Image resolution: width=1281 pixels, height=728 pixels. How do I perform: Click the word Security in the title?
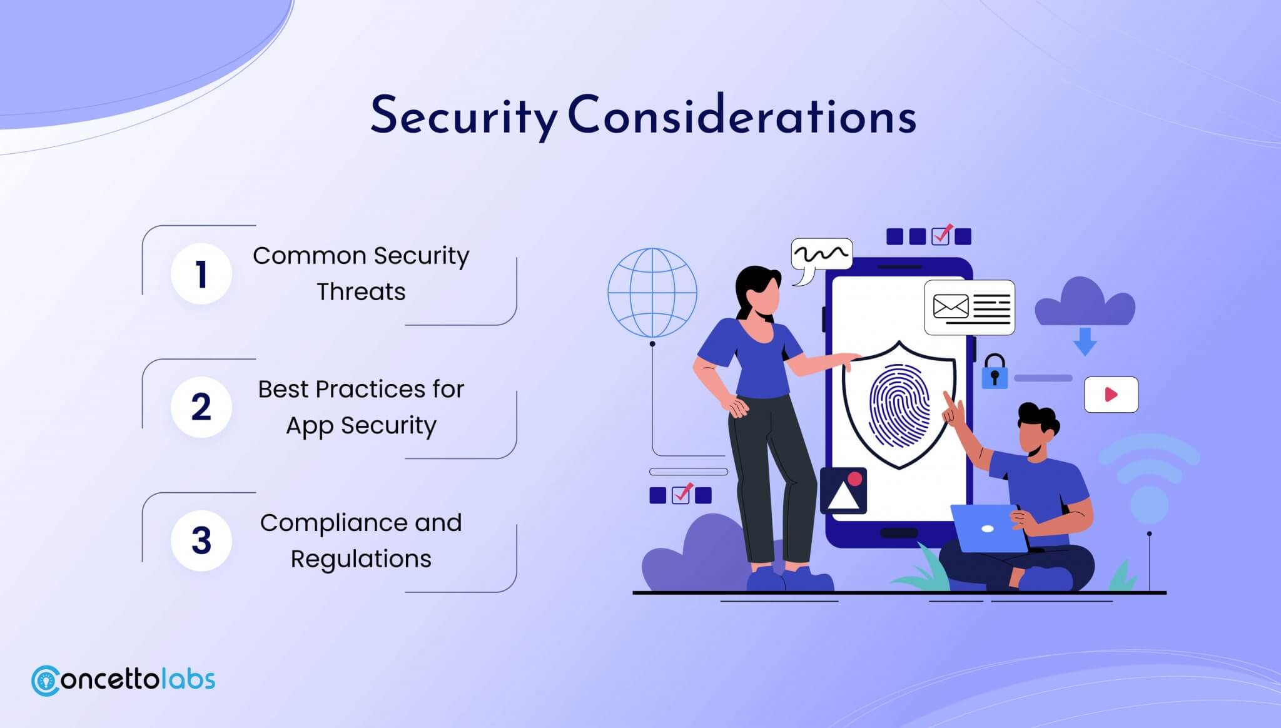pyautogui.click(x=463, y=116)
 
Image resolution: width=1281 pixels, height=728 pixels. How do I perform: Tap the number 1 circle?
pyautogui.click(x=201, y=274)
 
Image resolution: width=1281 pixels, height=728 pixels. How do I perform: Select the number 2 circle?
pyautogui.click(x=201, y=407)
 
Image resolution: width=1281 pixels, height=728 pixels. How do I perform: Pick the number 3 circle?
pyautogui.click(x=201, y=540)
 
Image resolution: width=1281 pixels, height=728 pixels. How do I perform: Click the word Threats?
pyautogui.click(x=361, y=292)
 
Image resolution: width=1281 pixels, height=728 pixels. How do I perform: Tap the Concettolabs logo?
pyautogui.click(x=123, y=680)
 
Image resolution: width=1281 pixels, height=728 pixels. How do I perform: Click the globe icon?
pyautogui.click(x=652, y=293)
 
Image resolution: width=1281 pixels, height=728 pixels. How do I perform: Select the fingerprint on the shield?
pyautogui.click(x=899, y=407)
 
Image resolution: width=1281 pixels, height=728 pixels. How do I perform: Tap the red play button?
pyautogui.click(x=1111, y=395)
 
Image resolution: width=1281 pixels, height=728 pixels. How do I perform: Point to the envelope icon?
pyautogui.click(x=951, y=306)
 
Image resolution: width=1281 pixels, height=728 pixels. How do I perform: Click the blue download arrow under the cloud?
pyautogui.click(x=1085, y=341)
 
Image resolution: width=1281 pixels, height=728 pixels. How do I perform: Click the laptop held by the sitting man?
pyautogui.click(x=988, y=529)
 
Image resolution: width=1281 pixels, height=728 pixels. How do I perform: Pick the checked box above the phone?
pyautogui.click(x=941, y=235)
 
